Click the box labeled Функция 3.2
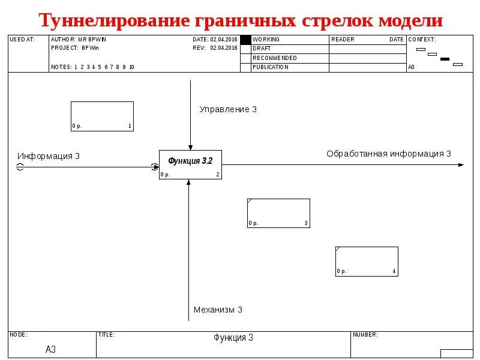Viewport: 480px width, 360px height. coord(190,164)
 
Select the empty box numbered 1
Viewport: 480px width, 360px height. coord(102,116)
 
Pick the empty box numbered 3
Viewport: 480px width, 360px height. coord(278,213)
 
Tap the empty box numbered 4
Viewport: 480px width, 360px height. coord(367,261)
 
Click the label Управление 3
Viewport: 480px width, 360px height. coord(228,109)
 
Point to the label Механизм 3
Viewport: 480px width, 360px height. coord(218,310)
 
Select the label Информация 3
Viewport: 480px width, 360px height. coord(49,156)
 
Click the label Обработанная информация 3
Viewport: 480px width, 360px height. coord(389,154)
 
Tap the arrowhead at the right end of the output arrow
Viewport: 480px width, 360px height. coord(461,164)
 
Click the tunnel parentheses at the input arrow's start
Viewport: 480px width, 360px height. coord(20,167)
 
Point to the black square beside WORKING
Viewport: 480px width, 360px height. coord(245,40)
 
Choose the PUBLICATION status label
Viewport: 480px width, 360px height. coord(271,67)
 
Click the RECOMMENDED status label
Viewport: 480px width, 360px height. coord(275,58)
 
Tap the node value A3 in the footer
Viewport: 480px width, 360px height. coord(51,349)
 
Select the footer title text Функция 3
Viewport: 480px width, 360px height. coord(233,338)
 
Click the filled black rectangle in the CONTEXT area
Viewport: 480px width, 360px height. coord(445,59)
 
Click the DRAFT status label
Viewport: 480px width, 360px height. coord(262,49)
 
